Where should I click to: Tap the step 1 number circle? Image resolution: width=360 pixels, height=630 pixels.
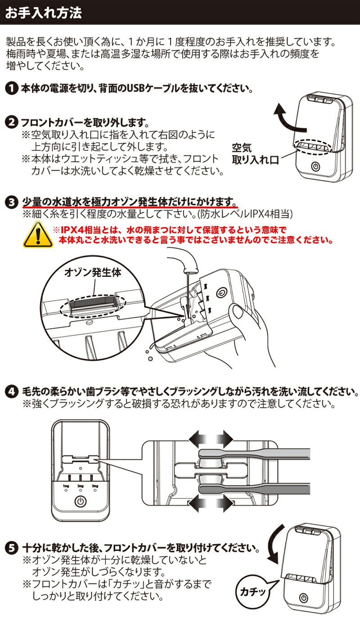click(x=12, y=88)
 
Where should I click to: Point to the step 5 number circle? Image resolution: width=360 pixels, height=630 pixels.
click(x=12, y=548)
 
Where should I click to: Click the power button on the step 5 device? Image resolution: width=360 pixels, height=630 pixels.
click(x=305, y=598)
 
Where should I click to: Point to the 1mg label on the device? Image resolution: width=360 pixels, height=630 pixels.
click(x=66, y=486)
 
